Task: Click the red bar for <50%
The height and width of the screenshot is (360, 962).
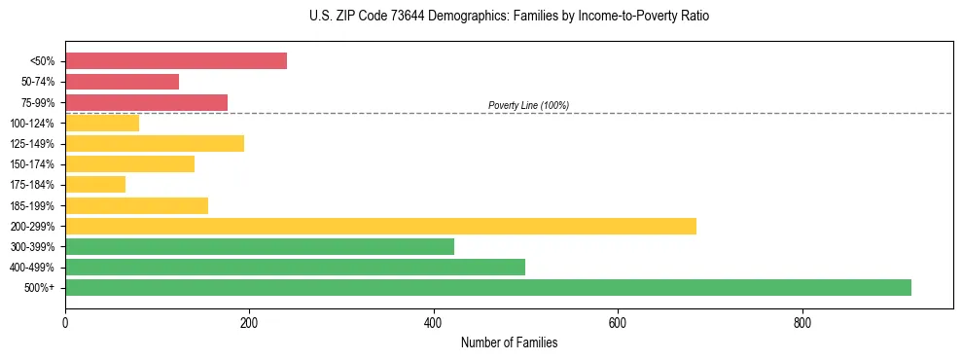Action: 176,61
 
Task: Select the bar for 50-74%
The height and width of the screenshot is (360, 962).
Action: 122,82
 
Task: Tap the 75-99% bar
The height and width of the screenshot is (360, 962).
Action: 146,102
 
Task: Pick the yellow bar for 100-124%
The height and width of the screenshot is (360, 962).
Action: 102,123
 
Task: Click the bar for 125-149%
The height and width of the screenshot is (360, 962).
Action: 155,144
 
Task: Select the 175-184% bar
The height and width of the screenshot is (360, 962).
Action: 95,185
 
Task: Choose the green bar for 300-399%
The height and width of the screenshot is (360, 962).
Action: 260,246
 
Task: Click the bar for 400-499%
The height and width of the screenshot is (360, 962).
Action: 295,267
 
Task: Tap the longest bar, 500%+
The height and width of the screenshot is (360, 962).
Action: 488,287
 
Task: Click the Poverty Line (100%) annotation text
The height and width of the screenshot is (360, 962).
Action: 528,105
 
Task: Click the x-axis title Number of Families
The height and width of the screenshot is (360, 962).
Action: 509,342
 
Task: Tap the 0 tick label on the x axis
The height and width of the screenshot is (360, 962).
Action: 65,321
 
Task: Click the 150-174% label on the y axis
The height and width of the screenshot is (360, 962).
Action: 32,164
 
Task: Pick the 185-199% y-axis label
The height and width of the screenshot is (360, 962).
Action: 32,205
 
